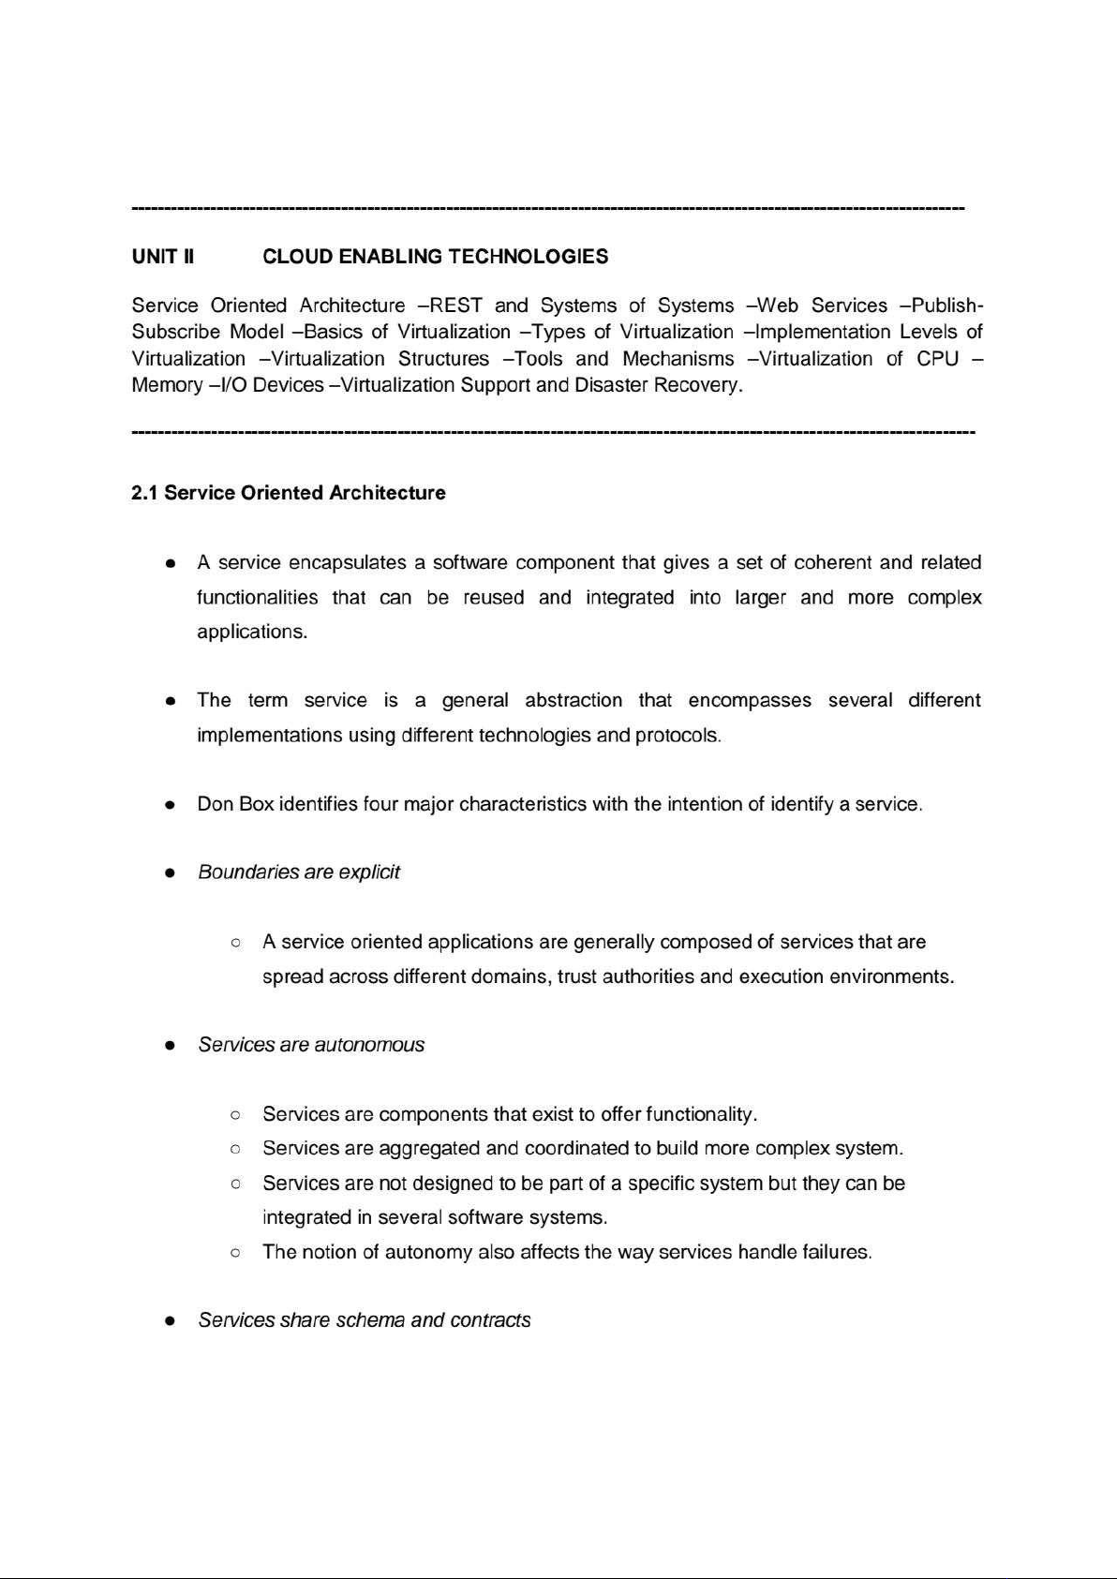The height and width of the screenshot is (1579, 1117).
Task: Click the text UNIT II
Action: [163, 257]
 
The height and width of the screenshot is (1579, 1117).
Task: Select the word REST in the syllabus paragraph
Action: [456, 305]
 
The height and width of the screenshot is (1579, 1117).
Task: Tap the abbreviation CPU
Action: [937, 359]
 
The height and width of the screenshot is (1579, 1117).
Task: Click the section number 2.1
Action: [145, 493]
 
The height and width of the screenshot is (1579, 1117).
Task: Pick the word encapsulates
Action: [348, 563]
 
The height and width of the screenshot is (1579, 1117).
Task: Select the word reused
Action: [494, 598]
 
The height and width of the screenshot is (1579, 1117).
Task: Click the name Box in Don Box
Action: [257, 804]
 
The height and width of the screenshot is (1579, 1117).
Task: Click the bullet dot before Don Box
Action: [171, 805]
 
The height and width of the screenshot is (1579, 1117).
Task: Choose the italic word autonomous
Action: [369, 1045]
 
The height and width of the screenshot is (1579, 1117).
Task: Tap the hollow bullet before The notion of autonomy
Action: [236, 1253]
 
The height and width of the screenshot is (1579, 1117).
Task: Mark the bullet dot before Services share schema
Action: [171, 1321]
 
